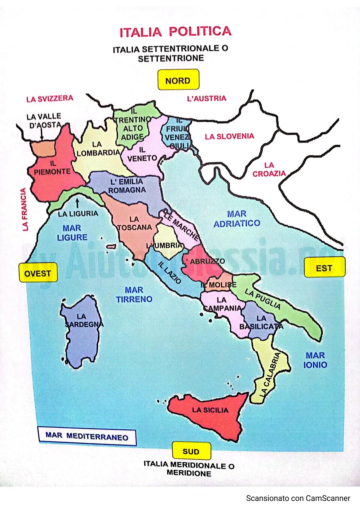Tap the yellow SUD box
[191, 451]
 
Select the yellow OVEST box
[38, 273]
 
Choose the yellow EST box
[324, 268]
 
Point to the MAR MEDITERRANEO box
[87, 436]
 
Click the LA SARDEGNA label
[82, 320]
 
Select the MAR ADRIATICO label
[237, 218]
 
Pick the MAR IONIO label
[315, 360]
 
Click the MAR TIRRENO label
[134, 294]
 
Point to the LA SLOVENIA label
[229, 136]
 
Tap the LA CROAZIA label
[269, 169]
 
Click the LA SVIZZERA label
[50, 99]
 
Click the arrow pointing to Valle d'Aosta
[42, 134]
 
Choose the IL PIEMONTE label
[52, 168]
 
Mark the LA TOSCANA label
[134, 223]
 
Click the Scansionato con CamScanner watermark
[298, 498]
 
